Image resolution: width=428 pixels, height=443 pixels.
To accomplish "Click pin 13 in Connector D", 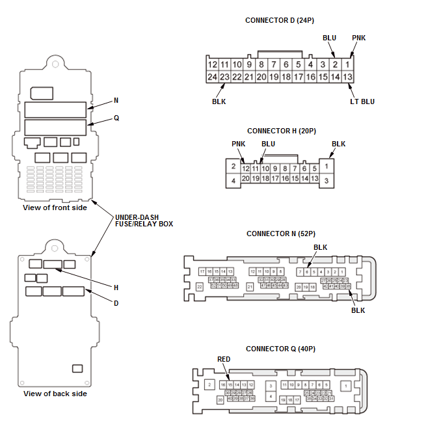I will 348,77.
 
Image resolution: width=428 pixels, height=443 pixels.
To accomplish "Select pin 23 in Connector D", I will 224,77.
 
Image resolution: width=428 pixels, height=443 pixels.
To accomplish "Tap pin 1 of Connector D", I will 348,64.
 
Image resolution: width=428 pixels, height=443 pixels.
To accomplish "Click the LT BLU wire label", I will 362,101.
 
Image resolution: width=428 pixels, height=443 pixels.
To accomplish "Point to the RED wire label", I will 224,359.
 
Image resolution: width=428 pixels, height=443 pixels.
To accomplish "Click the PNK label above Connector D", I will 358,38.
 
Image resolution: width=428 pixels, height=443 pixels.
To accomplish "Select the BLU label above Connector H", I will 268,144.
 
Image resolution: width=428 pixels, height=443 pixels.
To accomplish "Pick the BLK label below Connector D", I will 219,101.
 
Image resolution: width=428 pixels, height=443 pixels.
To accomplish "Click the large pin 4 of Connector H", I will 232,180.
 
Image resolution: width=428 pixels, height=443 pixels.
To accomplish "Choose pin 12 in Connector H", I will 246,168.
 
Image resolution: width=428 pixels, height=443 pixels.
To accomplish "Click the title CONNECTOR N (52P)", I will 281,234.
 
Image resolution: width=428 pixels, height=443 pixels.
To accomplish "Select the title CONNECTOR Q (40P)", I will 281,349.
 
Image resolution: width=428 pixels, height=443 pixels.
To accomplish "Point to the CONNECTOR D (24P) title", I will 280,20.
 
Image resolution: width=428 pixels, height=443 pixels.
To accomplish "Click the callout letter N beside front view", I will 116,100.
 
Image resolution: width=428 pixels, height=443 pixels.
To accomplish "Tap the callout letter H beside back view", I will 116,287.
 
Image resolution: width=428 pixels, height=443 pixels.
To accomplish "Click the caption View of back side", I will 55,394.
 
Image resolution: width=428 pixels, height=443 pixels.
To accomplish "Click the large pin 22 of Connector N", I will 199,286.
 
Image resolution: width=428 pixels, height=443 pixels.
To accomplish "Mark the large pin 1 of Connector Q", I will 346,386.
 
